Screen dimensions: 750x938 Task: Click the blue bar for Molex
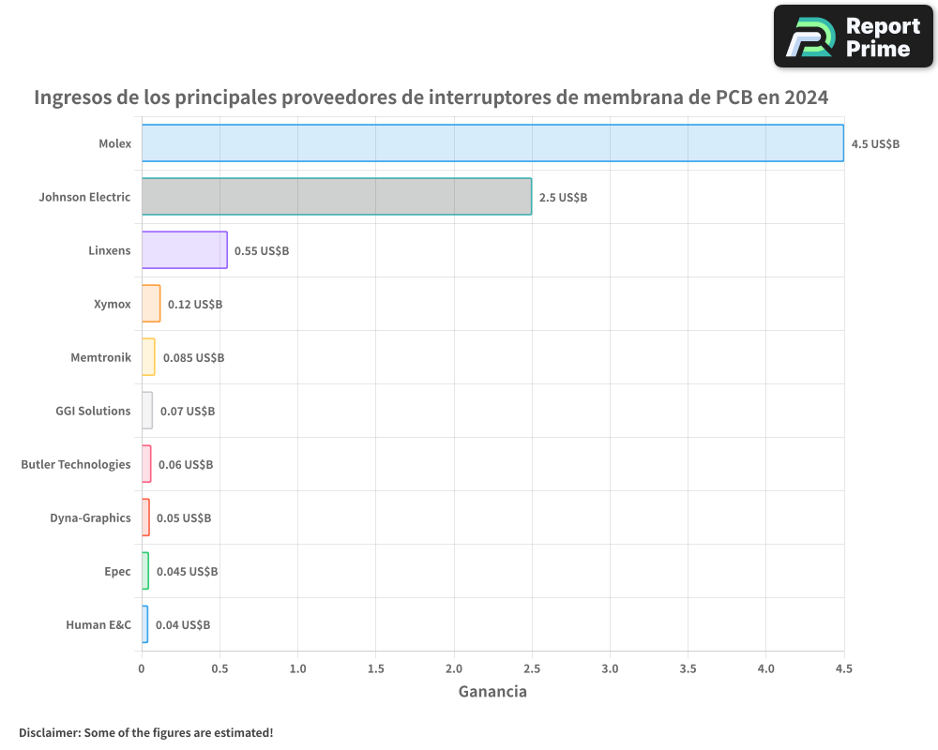492,143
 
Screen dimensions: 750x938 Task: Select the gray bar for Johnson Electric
337,197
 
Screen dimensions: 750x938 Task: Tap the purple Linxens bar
185,250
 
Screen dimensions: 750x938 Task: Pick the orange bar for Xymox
151,304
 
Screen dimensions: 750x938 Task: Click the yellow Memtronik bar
148,357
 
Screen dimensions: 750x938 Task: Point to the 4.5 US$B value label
875,144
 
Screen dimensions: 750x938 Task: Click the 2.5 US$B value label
563,198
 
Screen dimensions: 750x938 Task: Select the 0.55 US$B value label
262,251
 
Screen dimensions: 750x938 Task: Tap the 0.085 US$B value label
193,358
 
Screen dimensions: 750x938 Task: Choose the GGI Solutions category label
93,411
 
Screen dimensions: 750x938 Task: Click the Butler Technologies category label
76,464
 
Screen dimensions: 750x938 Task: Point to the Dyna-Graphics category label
90,517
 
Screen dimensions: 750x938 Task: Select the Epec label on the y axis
117,571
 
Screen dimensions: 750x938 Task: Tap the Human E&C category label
98,624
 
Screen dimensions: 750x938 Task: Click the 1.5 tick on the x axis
376,669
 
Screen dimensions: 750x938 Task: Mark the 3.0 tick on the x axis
610,669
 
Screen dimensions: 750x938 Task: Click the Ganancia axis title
492,692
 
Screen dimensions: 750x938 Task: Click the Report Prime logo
853,37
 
